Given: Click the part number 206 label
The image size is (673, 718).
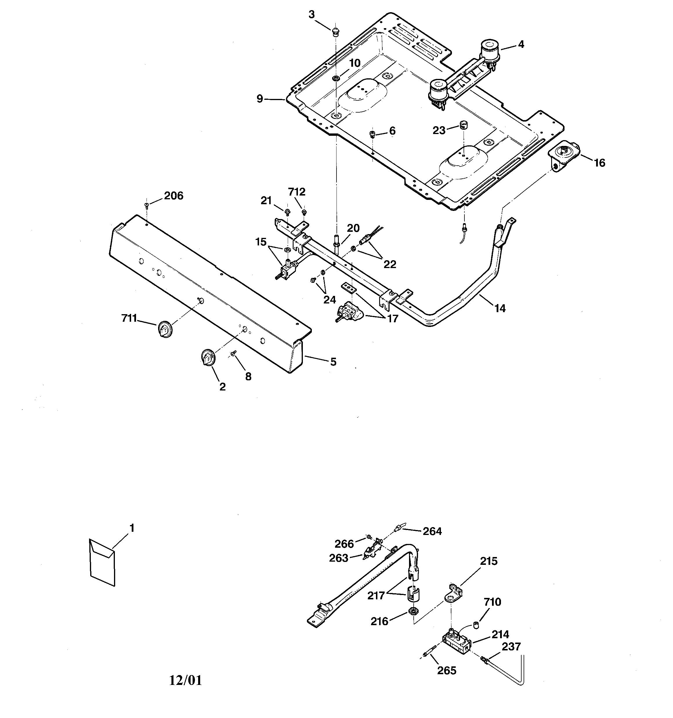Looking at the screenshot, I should click(x=173, y=196).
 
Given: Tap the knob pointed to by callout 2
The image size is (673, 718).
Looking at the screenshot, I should click(x=208, y=358).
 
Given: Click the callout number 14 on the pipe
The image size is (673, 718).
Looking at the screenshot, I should click(x=500, y=308).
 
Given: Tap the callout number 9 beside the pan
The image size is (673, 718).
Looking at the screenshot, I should click(x=260, y=99).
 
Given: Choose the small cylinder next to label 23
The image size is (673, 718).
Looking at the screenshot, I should click(x=464, y=125).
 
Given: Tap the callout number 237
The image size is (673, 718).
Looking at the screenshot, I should click(x=511, y=646).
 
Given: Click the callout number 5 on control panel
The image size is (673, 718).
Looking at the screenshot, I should click(x=333, y=361).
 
